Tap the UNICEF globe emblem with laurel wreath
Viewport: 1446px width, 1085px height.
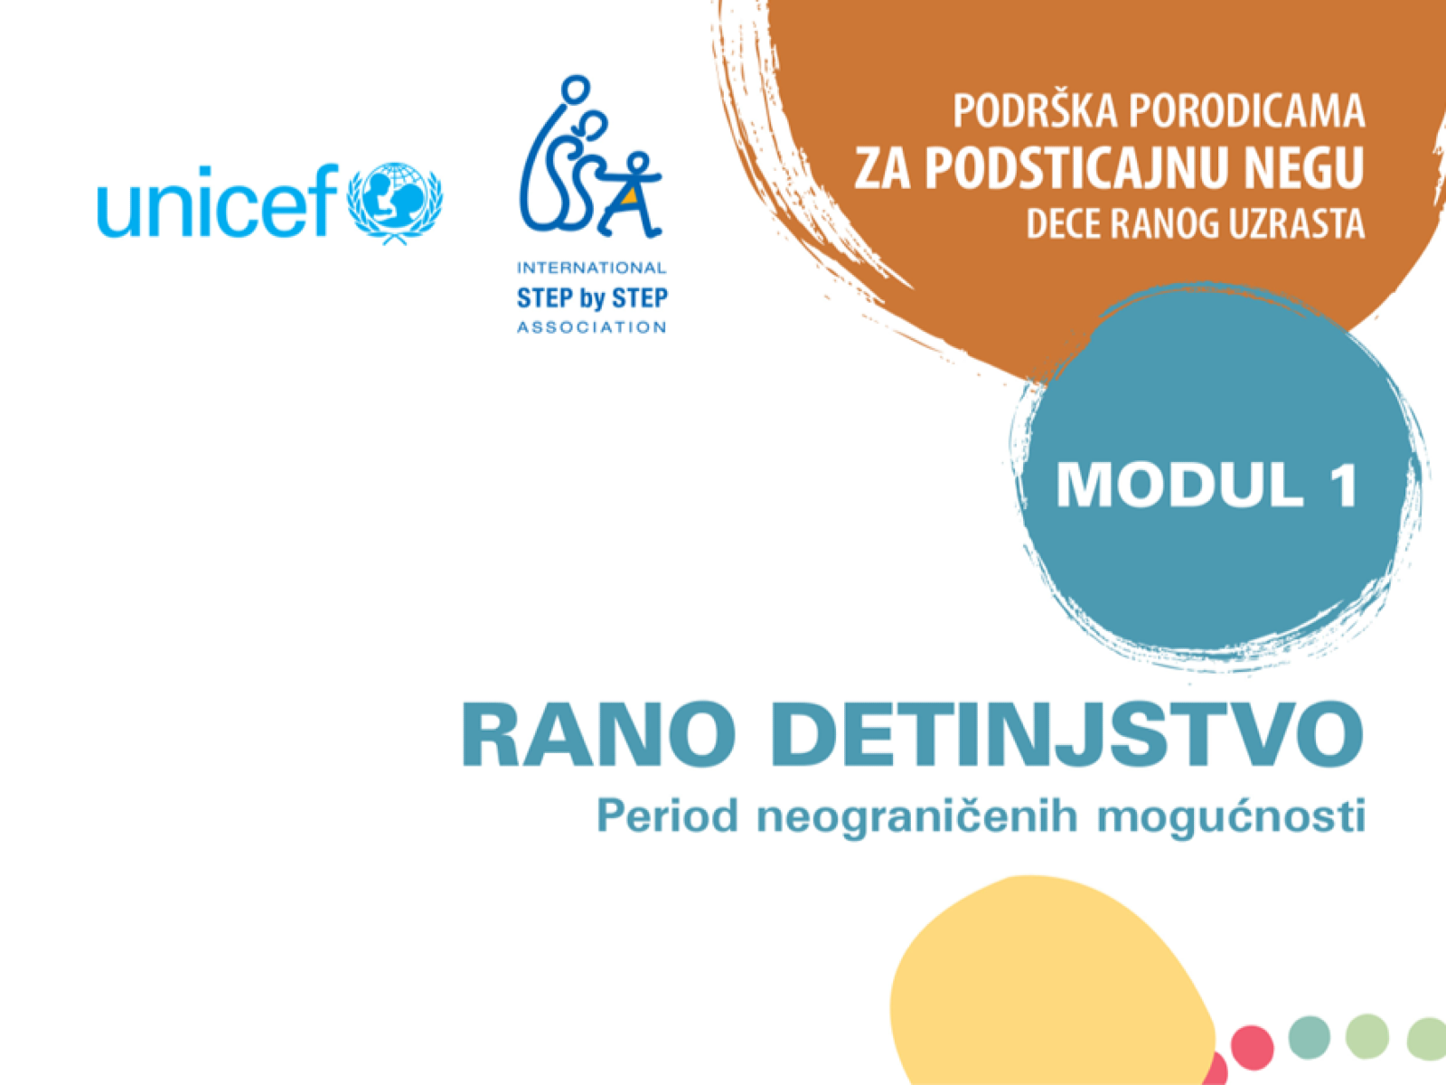tap(395, 203)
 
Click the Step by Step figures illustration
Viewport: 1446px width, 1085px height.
tap(590, 160)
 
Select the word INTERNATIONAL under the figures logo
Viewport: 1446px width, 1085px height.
tap(591, 268)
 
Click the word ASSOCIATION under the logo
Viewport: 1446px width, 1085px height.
tap(591, 327)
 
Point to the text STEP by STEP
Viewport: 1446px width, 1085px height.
tap(592, 297)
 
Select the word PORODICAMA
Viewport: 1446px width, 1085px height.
tap(1247, 112)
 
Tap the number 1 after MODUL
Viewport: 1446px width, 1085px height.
tap(1342, 486)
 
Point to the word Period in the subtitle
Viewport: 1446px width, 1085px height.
tap(667, 816)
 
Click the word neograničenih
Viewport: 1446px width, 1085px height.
tap(917, 816)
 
